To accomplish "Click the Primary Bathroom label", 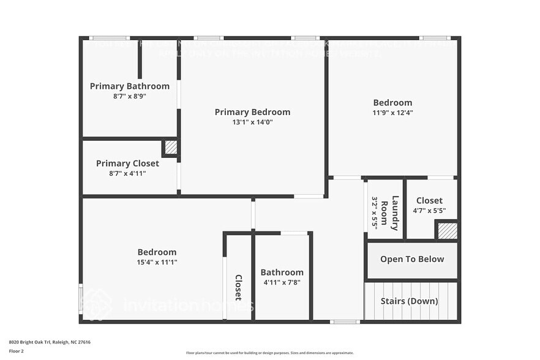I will point(129,86).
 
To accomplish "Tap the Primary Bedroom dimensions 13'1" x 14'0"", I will point(252,122).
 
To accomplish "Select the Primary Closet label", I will point(127,163).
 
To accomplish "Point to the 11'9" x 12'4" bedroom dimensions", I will point(392,112).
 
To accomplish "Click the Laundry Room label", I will point(389,210).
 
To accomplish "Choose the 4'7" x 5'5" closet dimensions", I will point(429,211).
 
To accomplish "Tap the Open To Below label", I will point(412,259).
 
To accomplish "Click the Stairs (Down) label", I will point(409,301).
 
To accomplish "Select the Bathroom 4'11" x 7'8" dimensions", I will point(282,282).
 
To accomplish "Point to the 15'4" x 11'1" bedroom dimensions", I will point(157,262).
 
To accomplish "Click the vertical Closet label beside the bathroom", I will point(239,287).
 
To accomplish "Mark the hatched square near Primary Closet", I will point(171,148).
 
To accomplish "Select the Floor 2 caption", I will point(16,351).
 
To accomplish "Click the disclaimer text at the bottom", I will point(270,353).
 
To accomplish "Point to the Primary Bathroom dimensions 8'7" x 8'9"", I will point(129,96).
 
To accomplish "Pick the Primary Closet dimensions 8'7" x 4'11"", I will point(127,173).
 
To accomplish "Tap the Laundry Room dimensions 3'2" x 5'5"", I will point(375,210).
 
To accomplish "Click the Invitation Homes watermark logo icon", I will point(98,304).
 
